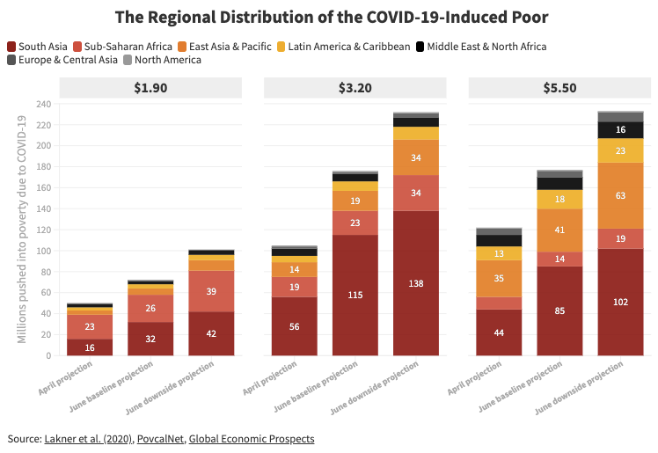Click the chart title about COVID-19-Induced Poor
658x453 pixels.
point(328,18)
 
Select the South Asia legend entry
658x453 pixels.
point(40,46)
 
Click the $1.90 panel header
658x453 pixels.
point(150,87)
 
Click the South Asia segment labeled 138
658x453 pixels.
point(417,283)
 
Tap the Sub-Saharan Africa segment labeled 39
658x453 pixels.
point(211,291)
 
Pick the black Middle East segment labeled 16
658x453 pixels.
point(621,130)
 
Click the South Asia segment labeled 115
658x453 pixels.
point(355,295)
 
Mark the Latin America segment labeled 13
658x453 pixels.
point(499,253)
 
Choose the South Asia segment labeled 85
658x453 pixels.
point(559,311)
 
